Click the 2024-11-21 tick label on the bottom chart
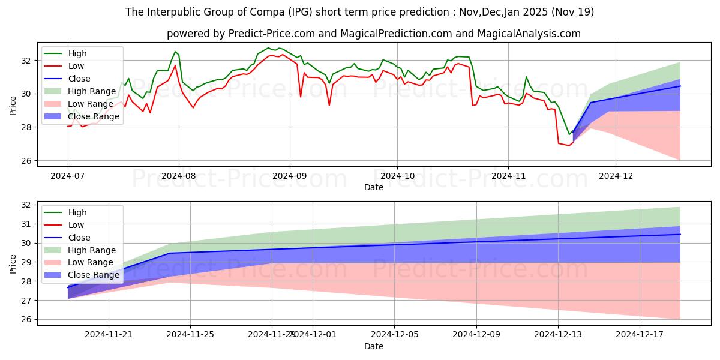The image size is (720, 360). (x=109, y=334)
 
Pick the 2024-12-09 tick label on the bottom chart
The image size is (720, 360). (x=476, y=334)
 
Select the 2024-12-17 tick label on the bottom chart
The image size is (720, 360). (x=640, y=334)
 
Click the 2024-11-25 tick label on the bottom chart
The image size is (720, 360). (x=190, y=334)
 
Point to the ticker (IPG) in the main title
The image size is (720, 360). (x=301, y=12)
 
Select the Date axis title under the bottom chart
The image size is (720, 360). (x=374, y=347)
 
